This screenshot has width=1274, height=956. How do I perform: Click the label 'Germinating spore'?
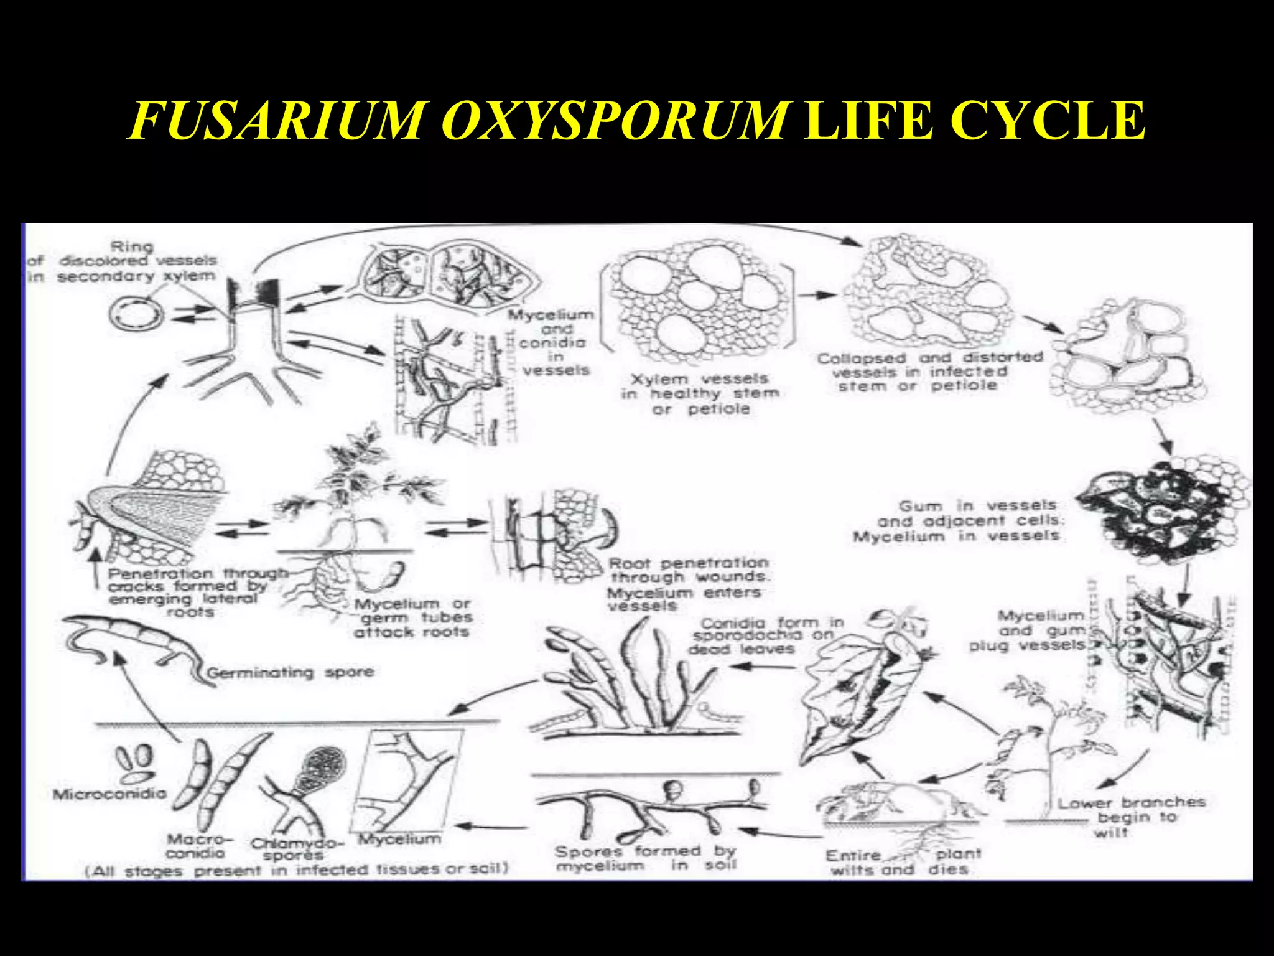291,672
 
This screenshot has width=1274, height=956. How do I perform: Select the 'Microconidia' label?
109,794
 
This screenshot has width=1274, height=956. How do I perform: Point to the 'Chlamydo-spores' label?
296,850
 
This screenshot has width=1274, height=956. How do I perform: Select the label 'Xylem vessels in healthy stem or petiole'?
700,393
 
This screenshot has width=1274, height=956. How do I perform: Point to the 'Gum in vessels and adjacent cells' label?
967,520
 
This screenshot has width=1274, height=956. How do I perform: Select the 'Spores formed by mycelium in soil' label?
645,858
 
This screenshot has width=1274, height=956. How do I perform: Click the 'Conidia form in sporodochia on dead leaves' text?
765,635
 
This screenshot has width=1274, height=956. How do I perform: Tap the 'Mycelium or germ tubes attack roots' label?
412,617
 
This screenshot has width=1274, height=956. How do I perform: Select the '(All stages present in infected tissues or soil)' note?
296,869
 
